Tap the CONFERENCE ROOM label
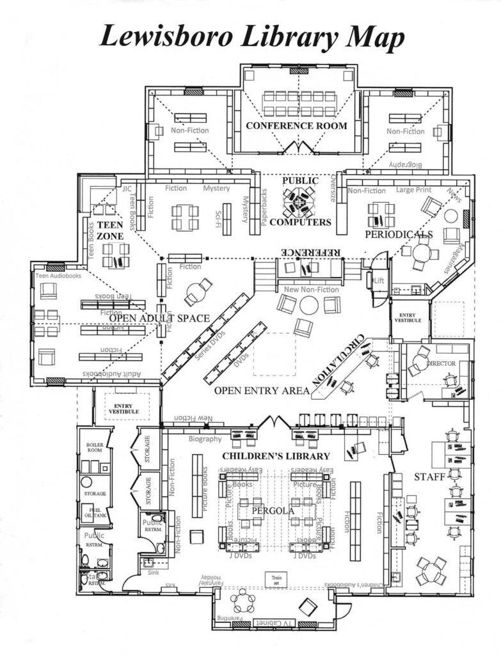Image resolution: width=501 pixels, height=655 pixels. coord(297,125)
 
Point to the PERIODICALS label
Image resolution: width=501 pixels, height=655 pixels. coord(399,235)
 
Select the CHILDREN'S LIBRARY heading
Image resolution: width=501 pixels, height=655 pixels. coord(276,456)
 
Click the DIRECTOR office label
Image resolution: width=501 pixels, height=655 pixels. coord(441,363)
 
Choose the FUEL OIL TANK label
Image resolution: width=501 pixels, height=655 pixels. coord(95,512)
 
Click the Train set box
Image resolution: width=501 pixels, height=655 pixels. coord(273,580)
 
